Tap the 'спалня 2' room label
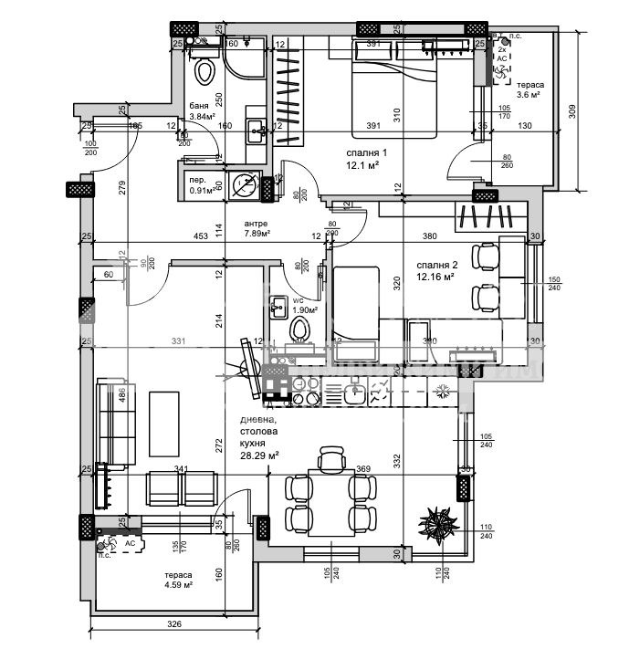pyautogui.click(x=435, y=264)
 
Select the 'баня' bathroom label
pyautogui.click(x=198, y=106)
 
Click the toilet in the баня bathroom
pyautogui.click(x=204, y=69)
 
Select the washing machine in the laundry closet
pyautogui.click(x=244, y=185)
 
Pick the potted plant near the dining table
pyautogui.click(x=438, y=524)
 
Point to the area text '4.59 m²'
pyautogui.click(x=179, y=585)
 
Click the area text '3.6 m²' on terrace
pyautogui.click(x=530, y=94)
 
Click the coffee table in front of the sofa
pyautogui.click(x=165, y=425)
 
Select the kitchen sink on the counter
pyautogui.click(x=356, y=393)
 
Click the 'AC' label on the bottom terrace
pyautogui.click(x=130, y=542)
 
